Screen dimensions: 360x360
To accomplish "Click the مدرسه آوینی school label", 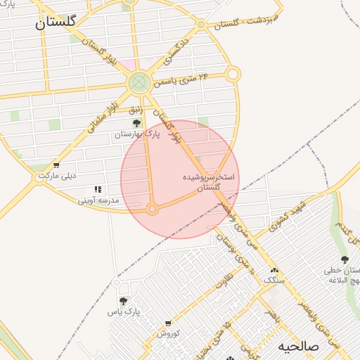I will click(99, 201).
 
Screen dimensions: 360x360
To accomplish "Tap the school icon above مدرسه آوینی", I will click(98, 190).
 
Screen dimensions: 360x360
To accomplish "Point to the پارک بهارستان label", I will click(139, 134).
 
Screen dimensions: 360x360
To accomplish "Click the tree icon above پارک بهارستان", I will click(136, 123).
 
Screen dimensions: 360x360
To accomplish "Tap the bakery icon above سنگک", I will click(274, 270).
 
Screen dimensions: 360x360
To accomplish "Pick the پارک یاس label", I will click(124, 311).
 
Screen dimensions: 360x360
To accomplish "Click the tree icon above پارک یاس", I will click(124, 301).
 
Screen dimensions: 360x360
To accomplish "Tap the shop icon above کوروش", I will click(168, 323).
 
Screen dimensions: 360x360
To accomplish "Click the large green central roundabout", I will click(139, 84).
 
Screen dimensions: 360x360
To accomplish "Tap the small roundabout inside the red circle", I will click(153, 209).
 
